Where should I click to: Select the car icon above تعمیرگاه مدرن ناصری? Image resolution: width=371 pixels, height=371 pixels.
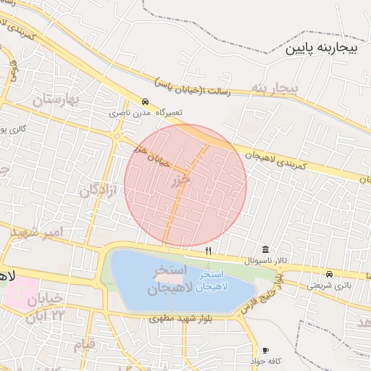tap(146, 102)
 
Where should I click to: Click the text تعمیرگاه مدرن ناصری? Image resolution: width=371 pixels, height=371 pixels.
tap(146, 113)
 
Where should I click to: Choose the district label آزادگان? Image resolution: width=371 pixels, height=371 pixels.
tap(99, 191)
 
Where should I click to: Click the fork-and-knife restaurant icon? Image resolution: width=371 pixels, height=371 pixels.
tap(209, 251)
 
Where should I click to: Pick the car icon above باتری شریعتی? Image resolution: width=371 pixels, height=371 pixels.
tap(330, 274)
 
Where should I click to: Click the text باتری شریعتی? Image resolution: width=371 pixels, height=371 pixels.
tap(329, 285)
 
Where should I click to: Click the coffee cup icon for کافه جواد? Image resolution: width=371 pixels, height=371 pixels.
tap(265, 350)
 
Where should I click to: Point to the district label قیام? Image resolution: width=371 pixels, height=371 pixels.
tap(84, 343)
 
